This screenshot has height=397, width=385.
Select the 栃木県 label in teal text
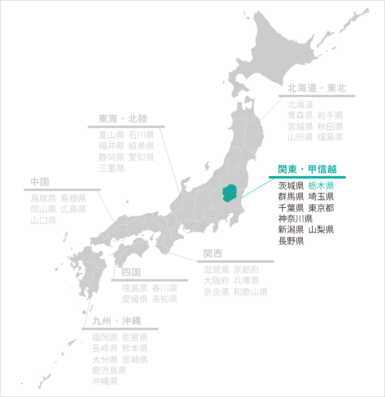coord(321,185)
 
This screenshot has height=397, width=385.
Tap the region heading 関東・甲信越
coord(307,169)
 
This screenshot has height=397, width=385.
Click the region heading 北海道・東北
coord(317,88)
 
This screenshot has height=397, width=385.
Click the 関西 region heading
coord(213,254)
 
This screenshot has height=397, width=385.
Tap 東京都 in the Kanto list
coord(321,208)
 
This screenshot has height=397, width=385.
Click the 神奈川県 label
coord(295,219)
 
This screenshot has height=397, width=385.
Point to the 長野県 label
coord(291,241)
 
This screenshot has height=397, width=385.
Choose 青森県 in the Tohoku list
coord(300,115)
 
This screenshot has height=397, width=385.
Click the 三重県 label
coord(112,168)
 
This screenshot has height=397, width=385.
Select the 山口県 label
coord(43,220)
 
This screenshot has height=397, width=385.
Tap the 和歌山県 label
coord(250,292)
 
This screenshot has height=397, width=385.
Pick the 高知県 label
coord(165,299)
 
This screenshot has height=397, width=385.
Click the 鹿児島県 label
coord(109,371)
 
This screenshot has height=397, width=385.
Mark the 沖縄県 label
coord(105,382)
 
